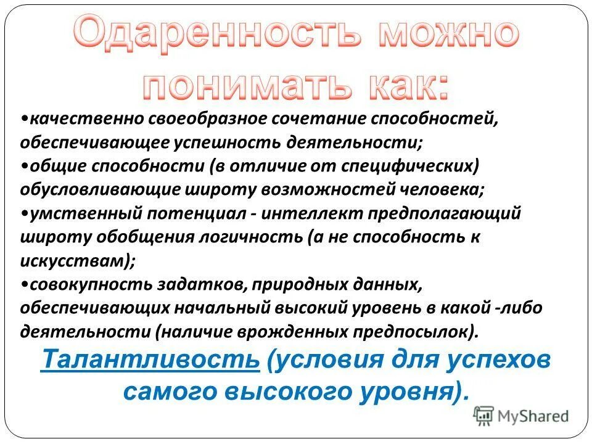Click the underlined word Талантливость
150,360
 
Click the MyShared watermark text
535,416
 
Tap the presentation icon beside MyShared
484,416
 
